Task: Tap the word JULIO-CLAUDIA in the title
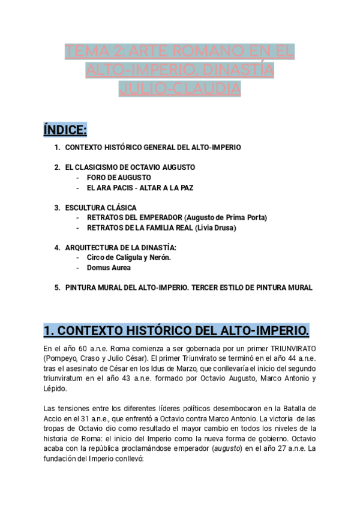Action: pos(180,89)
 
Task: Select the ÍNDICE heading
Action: pos(65,130)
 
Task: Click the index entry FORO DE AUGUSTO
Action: pos(119,177)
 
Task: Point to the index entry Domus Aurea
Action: pos(109,268)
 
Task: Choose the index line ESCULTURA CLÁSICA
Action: pos(101,208)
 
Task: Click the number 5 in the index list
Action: pos(56,288)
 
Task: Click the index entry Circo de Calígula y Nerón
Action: pos(129,258)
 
